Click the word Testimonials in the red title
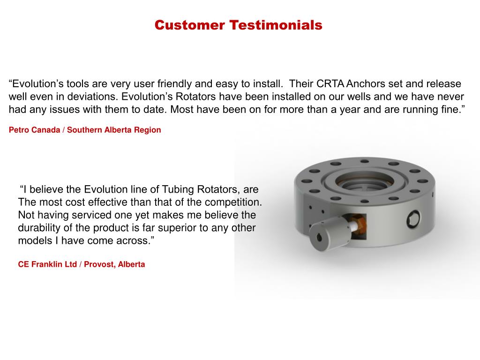pyautogui.click(x=276, y=25)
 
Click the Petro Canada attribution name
pyautogui.click(x=34, y=130)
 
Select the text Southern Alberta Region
pyautogui.click(x=114, y=130)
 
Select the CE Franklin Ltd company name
pyautogui.click(x=47, y=264)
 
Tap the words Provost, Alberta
pyautogui.click(x=114, y=264)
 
